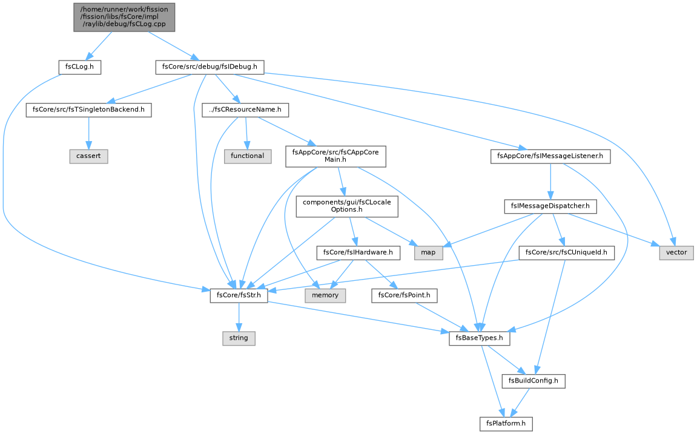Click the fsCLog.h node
79,67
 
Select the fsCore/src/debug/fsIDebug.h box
210,67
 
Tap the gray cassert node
88,156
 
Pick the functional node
248,156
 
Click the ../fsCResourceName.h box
245,110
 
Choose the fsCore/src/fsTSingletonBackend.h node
88,110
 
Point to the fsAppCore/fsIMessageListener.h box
550,156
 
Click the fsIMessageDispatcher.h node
550,206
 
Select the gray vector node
676,252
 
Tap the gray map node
428,252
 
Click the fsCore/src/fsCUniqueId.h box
566,252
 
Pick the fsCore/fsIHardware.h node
358,252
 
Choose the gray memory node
325,295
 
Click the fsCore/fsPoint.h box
404,295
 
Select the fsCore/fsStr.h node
239,295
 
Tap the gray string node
239,338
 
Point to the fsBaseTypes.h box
479,338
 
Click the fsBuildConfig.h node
533,381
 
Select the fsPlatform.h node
506,423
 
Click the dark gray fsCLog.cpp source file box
125,18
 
